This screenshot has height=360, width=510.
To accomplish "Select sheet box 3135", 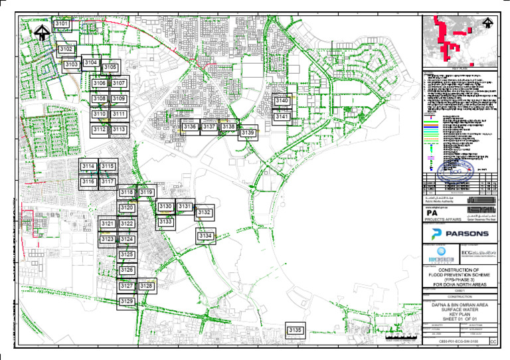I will coord(296,330).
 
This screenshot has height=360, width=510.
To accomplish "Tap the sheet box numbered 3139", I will coord(248,134).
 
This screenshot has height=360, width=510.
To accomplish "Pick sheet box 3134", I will coord(205,236).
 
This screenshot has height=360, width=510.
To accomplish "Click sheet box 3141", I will coord(282,117).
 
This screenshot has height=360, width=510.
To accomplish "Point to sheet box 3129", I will coord(127,302).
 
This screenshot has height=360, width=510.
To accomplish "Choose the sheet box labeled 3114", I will coord(88,166).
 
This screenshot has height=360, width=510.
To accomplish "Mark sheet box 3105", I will coord(110,68).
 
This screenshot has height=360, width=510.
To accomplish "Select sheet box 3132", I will coord(204,213).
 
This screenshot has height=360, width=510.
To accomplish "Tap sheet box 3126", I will coord(127,270).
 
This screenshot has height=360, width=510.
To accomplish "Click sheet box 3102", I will coord(66,49).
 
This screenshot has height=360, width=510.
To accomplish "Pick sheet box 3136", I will coord(190,126).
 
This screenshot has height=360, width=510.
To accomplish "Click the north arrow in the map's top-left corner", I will coord(42,31).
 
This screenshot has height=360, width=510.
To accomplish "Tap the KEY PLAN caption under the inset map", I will coord(460,68).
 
